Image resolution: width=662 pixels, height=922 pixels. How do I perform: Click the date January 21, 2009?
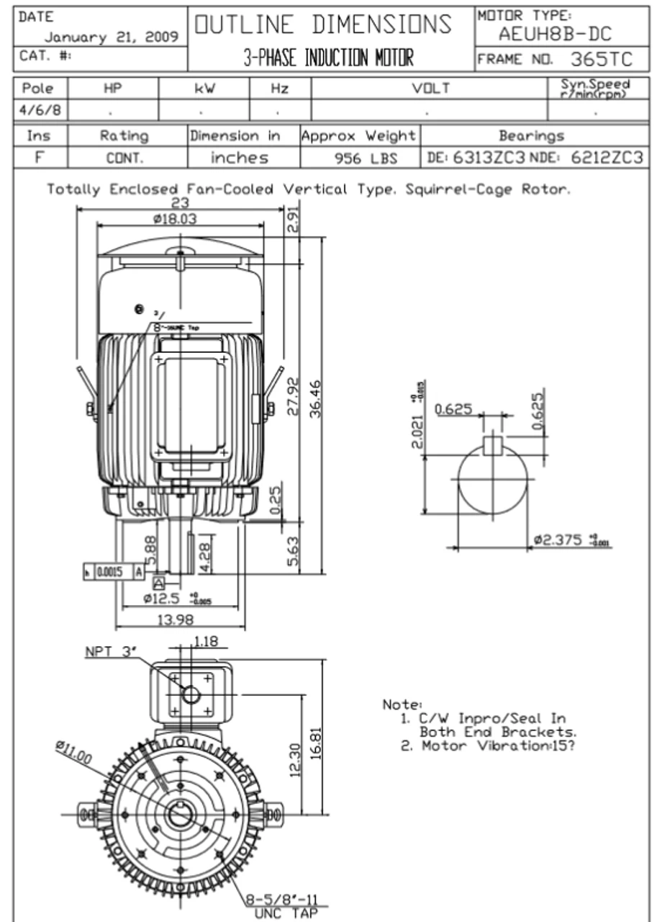point(112,37)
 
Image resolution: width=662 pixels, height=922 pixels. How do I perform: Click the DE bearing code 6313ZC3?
point(490,158)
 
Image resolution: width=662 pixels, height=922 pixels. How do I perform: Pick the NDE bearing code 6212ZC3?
point(606,158)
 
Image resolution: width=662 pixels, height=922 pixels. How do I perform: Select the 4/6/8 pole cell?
point(40,112)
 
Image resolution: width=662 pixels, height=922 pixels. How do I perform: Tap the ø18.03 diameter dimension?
point(174,219)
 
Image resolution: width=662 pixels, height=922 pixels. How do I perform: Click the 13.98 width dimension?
point(178,620)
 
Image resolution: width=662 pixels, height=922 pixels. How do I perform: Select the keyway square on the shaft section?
point(492,445)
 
